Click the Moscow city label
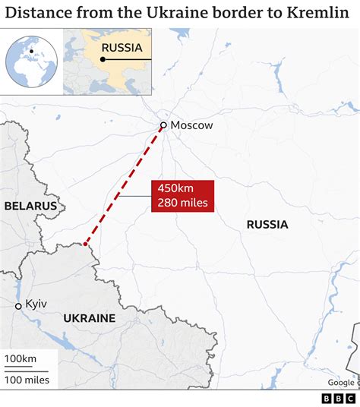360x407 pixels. tap(192, 125)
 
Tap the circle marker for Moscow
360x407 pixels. tap(163, 125)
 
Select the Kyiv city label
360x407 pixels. tap(36, 304)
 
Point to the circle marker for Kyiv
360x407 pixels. tap(18, 306)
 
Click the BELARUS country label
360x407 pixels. tap(30, 206)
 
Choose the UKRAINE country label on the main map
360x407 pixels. tap(90, 317)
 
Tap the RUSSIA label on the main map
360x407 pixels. tap(267, 224)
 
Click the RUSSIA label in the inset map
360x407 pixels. tap(122, 47)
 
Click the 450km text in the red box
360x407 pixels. tap(175, 189)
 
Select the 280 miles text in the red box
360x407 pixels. tap(182, 203)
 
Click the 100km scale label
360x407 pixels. tap(21, 358)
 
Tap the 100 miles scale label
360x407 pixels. tap(27, 379)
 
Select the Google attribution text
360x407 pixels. tap(341, 383)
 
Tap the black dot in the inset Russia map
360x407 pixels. tap(103, 59)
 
